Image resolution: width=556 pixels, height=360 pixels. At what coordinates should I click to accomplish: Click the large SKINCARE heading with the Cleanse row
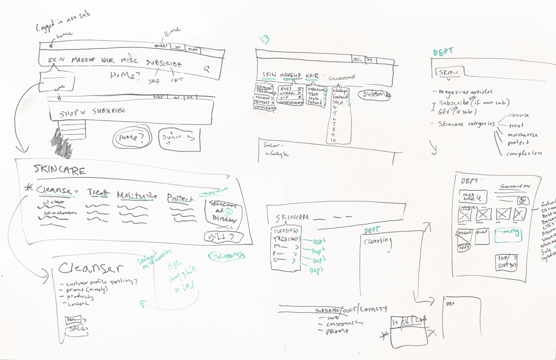click(59, 170)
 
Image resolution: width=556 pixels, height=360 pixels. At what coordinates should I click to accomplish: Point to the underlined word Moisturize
click(137, 196)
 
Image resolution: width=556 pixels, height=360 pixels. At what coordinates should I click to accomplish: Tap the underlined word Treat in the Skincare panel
click(97, 193)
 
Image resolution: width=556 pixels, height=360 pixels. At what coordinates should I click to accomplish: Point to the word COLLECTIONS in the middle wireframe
click(341, 78)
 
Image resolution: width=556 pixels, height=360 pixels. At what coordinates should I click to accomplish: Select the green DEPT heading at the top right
click(443, 52)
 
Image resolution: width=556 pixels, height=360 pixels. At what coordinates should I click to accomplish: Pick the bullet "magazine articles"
click(465, 92)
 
